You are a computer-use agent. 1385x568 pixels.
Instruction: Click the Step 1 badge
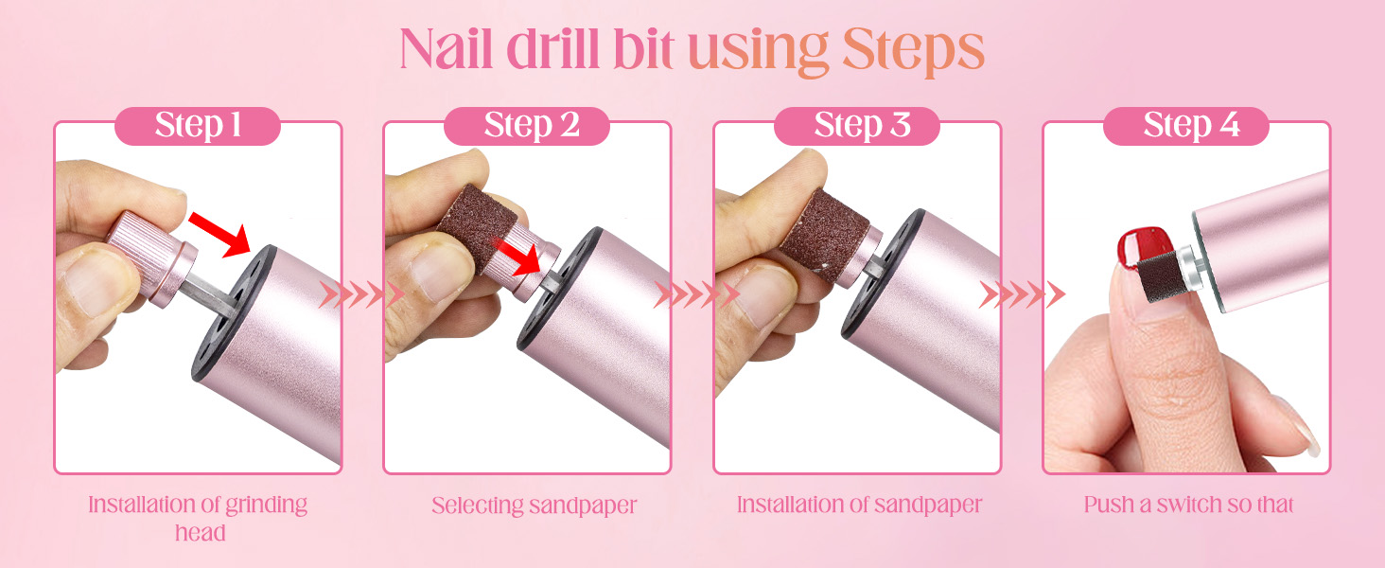pos(198,126)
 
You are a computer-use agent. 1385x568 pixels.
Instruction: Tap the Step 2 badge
pos(527,126)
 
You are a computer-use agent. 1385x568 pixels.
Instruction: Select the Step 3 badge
pos(856,126)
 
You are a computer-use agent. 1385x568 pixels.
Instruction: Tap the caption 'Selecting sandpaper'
pos(535,506)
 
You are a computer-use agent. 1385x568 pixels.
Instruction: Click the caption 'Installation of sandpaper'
pos(859,505)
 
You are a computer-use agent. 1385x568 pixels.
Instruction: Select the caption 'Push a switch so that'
pos(1188,505)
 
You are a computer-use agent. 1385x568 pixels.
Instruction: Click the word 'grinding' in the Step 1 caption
pos(266,505)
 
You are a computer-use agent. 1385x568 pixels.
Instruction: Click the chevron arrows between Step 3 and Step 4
pos(1022,295)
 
